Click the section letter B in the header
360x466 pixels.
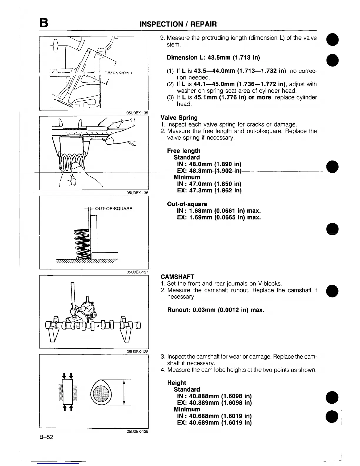pos(44,23)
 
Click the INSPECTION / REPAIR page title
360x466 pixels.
pos(178,24)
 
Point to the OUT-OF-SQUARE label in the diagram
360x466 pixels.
pos(114,209)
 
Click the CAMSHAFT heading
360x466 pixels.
pos(178,277)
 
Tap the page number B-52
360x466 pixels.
pos(46,437)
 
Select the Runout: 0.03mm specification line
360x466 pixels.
pos(216,310)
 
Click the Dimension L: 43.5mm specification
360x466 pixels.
pos(213,57)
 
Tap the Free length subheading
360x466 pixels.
pos(184,151)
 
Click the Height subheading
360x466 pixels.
pos(176,382)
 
